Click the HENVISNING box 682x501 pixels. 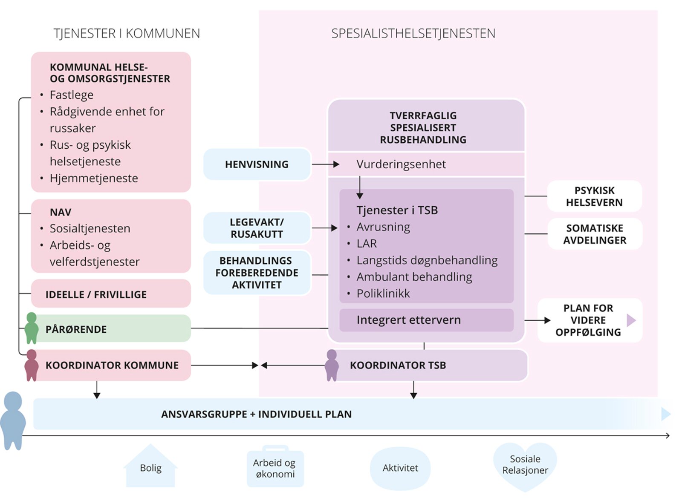[257, 164]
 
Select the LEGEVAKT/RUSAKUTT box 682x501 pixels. [257, 228]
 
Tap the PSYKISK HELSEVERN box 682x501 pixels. [594, 196]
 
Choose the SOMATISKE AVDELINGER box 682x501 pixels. [595, 234]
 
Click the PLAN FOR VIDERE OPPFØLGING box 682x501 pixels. [589, 320]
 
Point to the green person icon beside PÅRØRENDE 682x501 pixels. [31, 328]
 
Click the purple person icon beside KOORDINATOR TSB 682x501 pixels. [332, 365]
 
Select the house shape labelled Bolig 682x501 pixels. [150, 468]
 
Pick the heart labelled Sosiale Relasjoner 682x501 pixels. [525, 465]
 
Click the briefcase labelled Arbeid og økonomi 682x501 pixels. [275, 468]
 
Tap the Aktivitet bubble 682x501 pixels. [400, 468]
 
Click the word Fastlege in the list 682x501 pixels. [72, 95]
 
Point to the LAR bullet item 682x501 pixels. [367, 244]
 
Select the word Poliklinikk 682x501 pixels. [383, 294]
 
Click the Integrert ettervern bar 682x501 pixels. [426, 320]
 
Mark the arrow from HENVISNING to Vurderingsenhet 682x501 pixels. [326, 164]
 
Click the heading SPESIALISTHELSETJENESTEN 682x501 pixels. [413, 34]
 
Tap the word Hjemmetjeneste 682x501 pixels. [94, 178]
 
